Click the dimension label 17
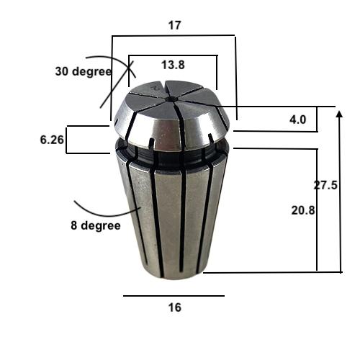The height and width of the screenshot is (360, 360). tap(174, 24)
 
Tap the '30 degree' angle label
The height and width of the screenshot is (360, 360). tap(83, 71)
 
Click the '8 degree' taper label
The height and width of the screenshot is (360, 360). tap(95, 225)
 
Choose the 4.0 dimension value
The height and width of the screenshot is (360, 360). tap(298, 120)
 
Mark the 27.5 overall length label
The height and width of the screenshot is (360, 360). tap(325, 185)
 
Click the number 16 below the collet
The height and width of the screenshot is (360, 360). tap(173, 307)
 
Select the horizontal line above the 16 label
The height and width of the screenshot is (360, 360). tap(173, 295)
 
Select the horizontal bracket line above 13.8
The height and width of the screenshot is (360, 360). tap(173, 55)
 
